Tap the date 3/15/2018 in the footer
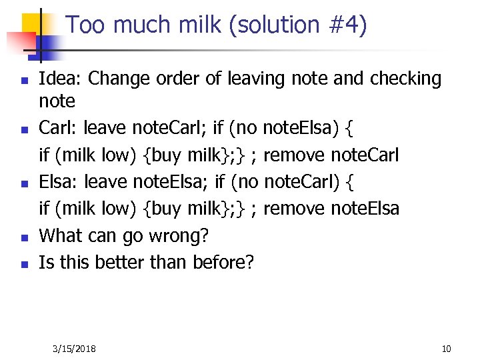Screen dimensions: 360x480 click(x=74, y=349)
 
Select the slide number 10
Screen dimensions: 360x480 click(x=446, y=349)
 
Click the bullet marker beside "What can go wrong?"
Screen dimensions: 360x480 click(x=23, y=237)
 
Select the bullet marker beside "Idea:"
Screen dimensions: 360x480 click(x=23, y=80)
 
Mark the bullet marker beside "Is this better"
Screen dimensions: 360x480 click(x=23, y=263)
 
